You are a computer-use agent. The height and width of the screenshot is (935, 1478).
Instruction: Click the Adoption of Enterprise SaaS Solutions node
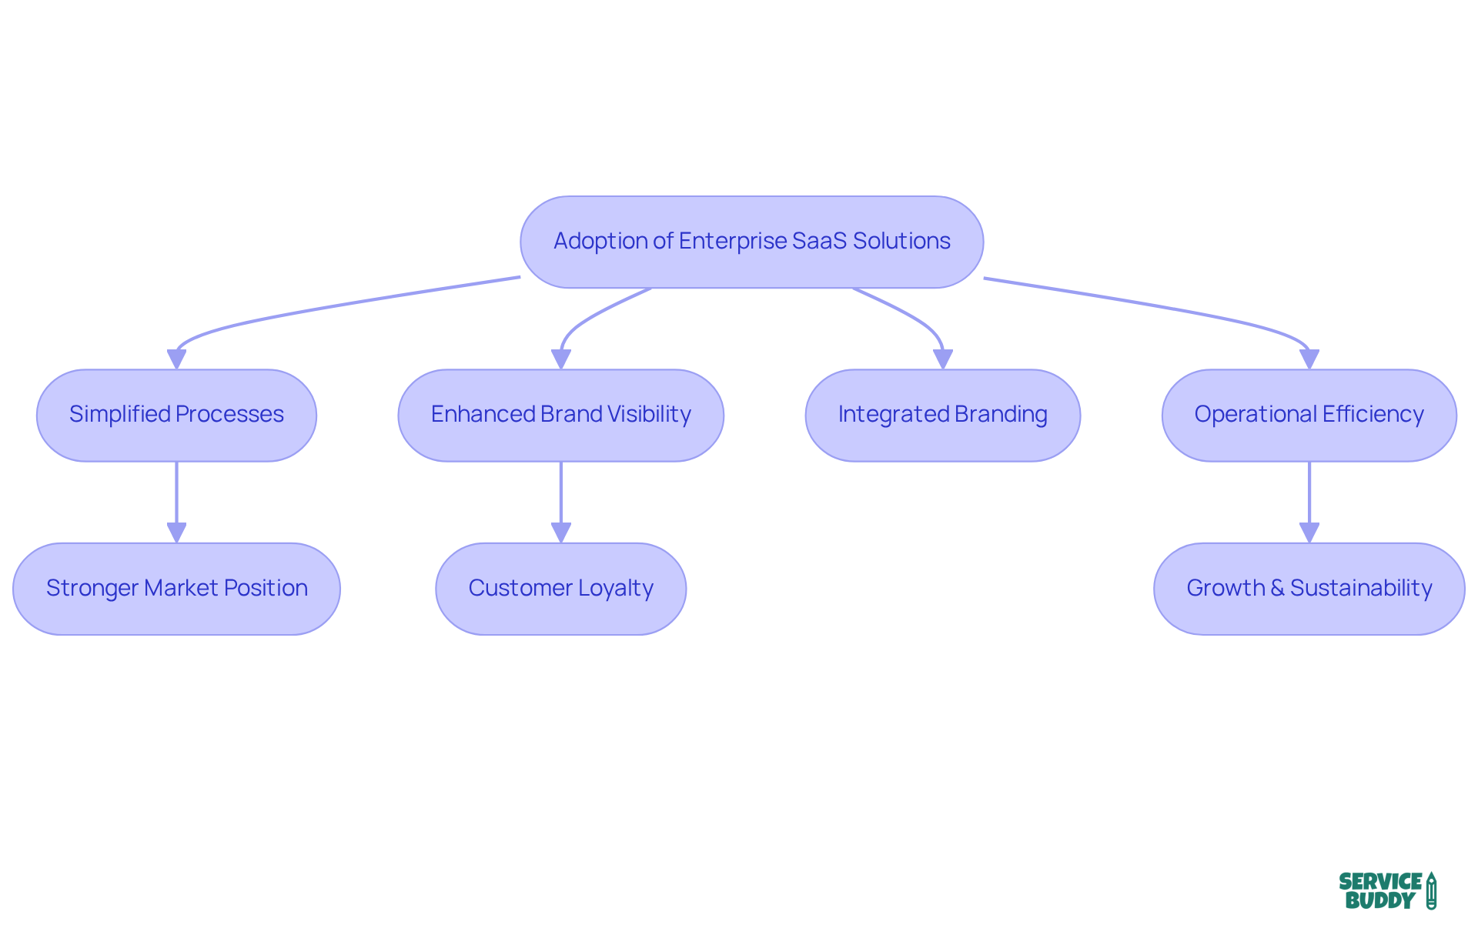[x=751, y=242]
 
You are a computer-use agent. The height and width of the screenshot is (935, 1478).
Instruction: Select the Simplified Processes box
[x=176, y=415]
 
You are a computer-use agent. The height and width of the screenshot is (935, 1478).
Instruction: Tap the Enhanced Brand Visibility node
[x=560, y=415]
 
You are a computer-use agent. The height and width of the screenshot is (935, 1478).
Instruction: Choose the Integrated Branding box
[x=942, y=415]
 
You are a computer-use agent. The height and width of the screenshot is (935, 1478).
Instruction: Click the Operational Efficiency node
[x=1309, y=415]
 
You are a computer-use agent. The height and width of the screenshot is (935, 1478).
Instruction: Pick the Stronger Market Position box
[x=176, y=589]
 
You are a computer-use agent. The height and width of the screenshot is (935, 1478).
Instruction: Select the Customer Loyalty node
[x=560, y=589]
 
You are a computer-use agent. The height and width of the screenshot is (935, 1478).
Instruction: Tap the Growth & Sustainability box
[x=1309, y=589]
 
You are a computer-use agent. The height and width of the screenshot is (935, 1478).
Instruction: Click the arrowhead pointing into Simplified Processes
[x=176, y=359]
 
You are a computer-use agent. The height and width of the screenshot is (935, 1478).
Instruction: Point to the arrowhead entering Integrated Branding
[x=942, y=359]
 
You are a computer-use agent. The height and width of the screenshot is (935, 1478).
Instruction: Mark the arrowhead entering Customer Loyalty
[x=560, y=533]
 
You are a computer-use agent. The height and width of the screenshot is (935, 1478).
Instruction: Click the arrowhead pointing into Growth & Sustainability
[x=1309, y=533]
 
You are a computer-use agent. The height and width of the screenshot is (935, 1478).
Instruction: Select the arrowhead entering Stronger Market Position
[x=176, y=533]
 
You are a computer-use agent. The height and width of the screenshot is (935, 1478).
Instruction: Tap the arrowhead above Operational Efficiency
[x=1309, y=359]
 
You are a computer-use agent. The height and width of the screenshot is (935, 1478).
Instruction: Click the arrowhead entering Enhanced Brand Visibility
[x=560, y=359]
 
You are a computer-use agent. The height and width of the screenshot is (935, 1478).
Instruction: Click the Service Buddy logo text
[x=1379, y=891]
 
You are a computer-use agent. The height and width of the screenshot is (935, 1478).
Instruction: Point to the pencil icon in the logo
[x=1431, y=890]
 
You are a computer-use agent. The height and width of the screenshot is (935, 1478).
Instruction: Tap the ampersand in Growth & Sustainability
[x=1277, y=588]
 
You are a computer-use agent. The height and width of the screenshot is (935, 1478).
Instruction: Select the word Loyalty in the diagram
[x=615, y=588]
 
